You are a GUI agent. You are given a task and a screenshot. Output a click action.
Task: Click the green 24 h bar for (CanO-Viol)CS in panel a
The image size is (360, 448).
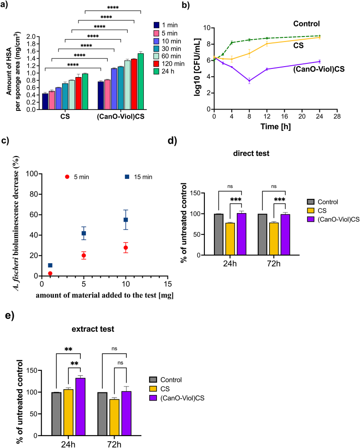pos(141,81)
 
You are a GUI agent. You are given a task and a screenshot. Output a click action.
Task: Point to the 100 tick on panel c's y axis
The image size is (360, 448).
pos(31,173)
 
